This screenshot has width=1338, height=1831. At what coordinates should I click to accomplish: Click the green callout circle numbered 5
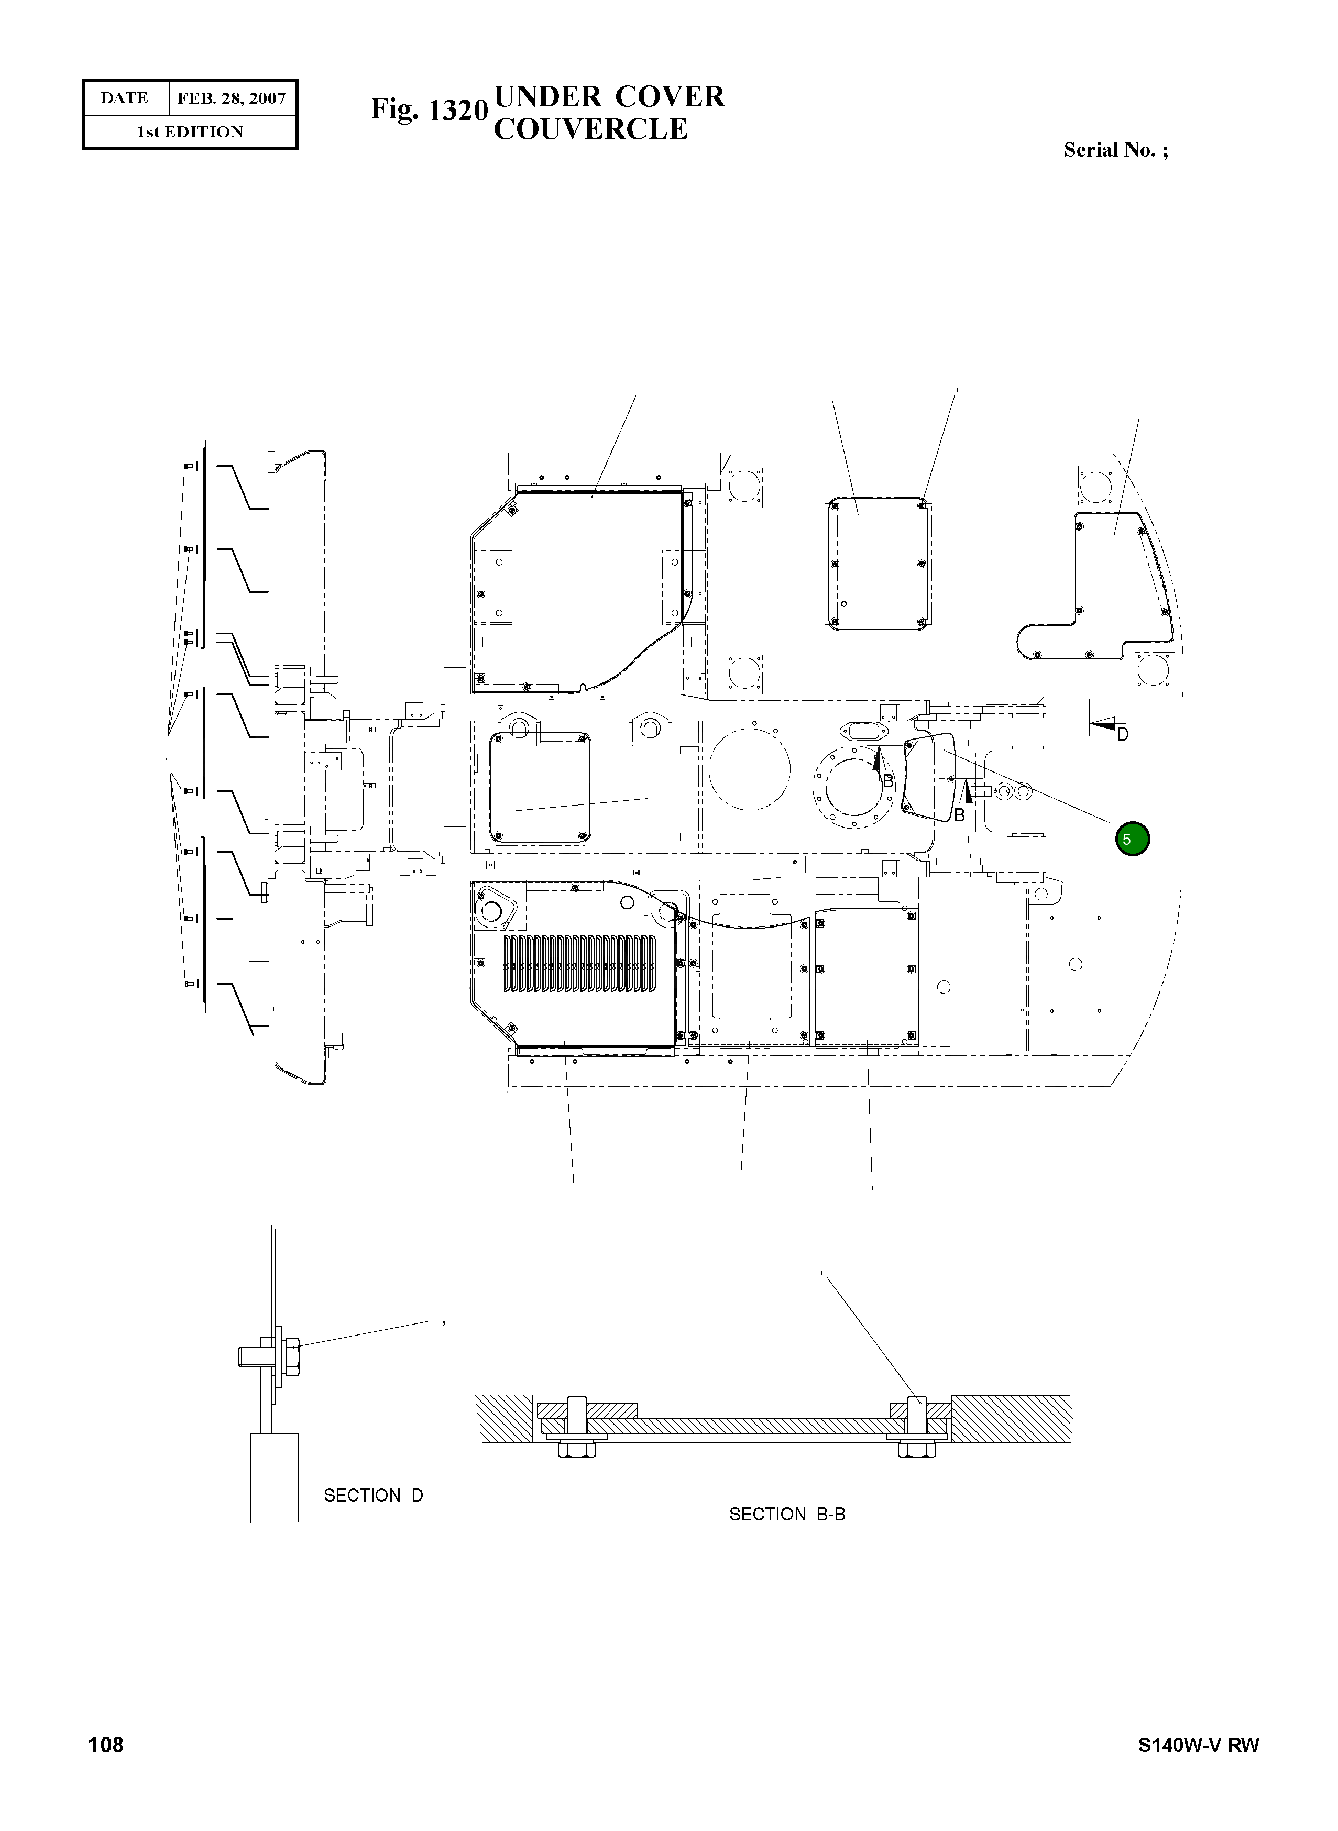(1132, 839)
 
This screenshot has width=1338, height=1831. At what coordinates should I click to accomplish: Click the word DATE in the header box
(124, 98)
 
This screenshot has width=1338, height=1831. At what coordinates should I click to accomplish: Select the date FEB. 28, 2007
(232, 98)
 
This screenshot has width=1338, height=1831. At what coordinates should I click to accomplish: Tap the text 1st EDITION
(190, 132)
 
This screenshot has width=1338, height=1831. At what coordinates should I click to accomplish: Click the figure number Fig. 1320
(429, 109)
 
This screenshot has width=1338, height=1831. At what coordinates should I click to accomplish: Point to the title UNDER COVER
(609, 96)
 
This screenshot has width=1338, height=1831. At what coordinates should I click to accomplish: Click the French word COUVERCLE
(590, 129)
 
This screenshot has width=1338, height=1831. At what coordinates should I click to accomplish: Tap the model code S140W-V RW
(1198, 1767)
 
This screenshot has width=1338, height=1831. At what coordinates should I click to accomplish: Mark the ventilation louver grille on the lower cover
(580, 964)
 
